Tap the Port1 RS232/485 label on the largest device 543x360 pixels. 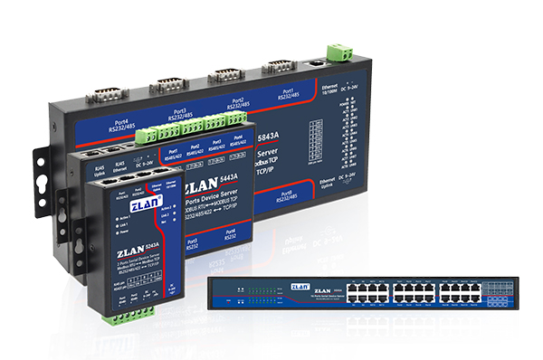[x=289, y=94]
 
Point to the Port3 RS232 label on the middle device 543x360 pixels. [x=193, y=243]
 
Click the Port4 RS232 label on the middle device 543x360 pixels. [x=229, y=234]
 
